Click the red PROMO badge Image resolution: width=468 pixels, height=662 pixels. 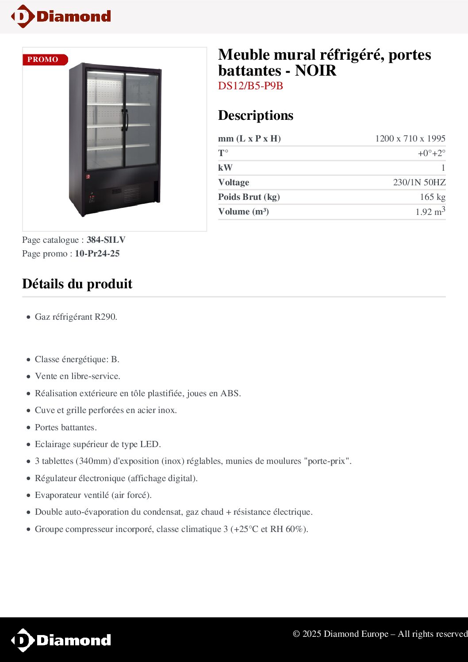click(x=45, y=60)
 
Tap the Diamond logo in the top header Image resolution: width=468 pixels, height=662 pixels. click(x=61, y=16)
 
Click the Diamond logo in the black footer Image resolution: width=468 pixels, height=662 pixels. click(x=61, y=640)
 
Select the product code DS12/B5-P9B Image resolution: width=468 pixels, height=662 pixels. click(x=250, y=86)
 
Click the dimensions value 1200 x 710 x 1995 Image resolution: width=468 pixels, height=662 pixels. click(x=410, y=138)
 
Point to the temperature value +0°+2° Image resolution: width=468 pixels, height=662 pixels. click(x=431, y=153)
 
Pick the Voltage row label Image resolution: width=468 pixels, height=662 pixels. click(x=234, y=182)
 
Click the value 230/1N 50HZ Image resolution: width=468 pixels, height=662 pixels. click(x=419, y=182)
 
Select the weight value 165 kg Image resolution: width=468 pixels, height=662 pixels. click(x=432, y=197)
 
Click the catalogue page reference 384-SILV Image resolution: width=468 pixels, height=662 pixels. click(x=106, y=240)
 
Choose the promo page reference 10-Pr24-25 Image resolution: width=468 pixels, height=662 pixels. click(x=97, y=253)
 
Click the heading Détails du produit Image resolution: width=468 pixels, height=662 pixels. click(x=77, y=283)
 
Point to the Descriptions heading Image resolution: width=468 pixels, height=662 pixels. click(x=256, y=115)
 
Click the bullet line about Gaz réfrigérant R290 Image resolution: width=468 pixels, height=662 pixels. click(x=76, y=317)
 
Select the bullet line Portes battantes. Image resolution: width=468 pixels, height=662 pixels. click(x=66, y=427)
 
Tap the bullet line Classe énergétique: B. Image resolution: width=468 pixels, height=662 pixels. click(x=77, y=359)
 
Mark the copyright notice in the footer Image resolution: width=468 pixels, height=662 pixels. click(x=380, y=634)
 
